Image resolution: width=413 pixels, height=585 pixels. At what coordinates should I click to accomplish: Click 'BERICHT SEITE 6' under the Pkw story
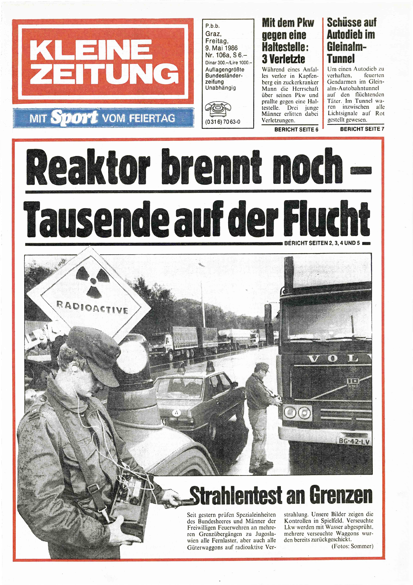pos(296,129)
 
